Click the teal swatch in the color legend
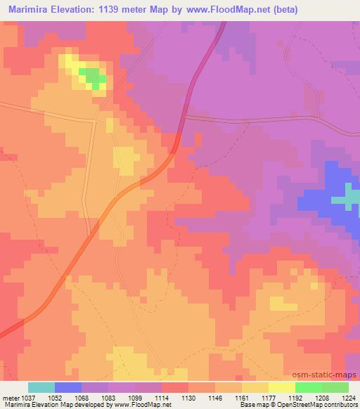click(x=41, y=387)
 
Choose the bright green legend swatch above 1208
click(x=308, y=387)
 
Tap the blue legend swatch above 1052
click(x=68, y=387)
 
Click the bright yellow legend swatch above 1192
click(x=281, y=387)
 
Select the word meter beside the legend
click(x=10, y=397)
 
